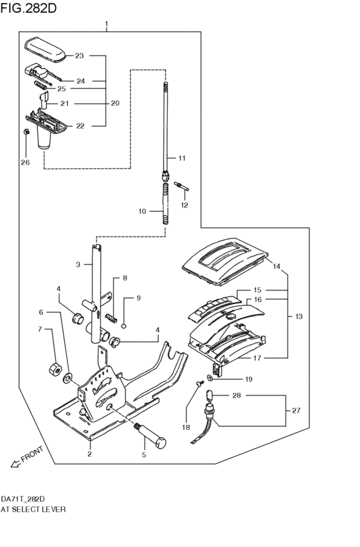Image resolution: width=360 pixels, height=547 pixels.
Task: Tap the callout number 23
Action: coord(79,56)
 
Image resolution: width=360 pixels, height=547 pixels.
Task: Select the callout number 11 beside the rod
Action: coord(182,158)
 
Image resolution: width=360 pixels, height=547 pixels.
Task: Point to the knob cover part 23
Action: coord(45,49)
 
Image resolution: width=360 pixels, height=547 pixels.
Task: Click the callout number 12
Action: coord(184,205)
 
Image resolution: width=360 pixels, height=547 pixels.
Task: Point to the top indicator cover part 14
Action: coord(225,264)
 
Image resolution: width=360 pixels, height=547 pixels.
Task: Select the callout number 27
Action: coord(296,410)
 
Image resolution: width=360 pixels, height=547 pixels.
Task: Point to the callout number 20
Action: coord(115,103)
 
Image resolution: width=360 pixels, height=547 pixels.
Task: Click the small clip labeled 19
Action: coord(211,377)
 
